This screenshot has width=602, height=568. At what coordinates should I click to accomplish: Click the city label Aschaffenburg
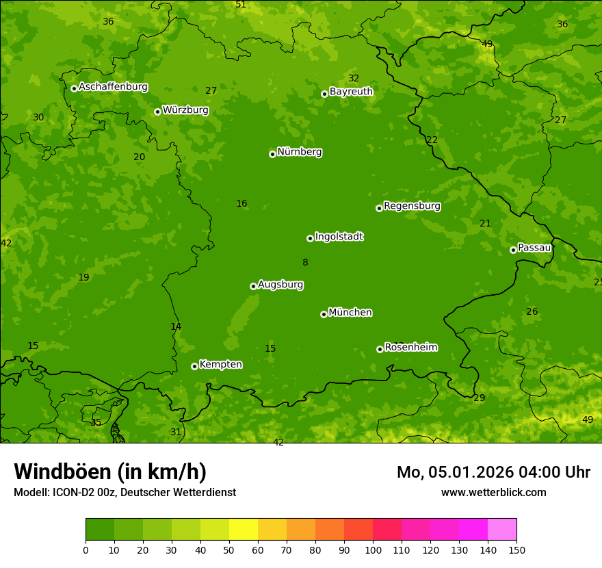113,87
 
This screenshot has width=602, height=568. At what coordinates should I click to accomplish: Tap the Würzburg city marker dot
157,112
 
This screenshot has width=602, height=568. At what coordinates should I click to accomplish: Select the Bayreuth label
351,91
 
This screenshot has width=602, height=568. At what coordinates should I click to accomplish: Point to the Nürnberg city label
300,152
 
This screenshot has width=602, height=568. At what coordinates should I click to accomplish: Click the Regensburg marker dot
379,208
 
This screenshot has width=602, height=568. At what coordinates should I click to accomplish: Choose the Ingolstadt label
339,237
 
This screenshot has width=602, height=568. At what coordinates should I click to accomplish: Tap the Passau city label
534,248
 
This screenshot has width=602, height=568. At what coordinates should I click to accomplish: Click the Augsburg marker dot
253,286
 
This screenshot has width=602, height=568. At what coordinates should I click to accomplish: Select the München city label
350,313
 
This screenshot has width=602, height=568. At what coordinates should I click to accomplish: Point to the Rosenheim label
410,347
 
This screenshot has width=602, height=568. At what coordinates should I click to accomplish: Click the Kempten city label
220,364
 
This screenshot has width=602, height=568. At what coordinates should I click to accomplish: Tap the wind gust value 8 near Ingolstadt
305,262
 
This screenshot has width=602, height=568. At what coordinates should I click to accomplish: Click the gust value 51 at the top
241,5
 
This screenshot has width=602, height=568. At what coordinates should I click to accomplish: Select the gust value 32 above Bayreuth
354,78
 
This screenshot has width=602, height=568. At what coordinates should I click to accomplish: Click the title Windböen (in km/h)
110,472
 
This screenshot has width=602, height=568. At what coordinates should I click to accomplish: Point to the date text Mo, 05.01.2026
451,472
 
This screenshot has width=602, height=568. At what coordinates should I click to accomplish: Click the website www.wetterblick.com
493,492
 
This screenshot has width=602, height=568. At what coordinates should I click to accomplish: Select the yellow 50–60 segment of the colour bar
243,530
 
